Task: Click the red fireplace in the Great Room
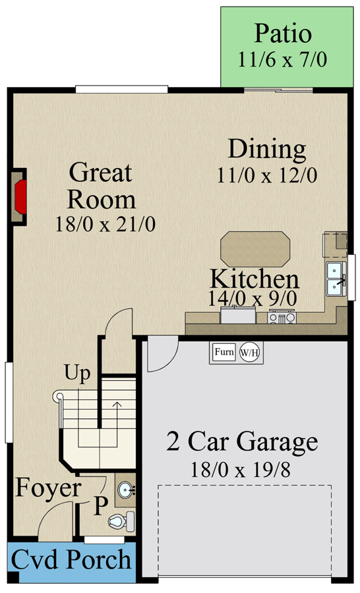[x=20, y=196]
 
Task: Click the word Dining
[x=267, y=150]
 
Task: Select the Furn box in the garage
[x=224, y=352]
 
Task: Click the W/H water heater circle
[x=250, y=353]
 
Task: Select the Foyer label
[x=48, y=489]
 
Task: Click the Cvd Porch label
[x=71, y=561]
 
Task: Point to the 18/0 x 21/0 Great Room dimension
[x=106, y=224]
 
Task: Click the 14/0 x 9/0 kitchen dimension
[x=253, y=298]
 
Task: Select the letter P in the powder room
[x=100, y=506]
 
